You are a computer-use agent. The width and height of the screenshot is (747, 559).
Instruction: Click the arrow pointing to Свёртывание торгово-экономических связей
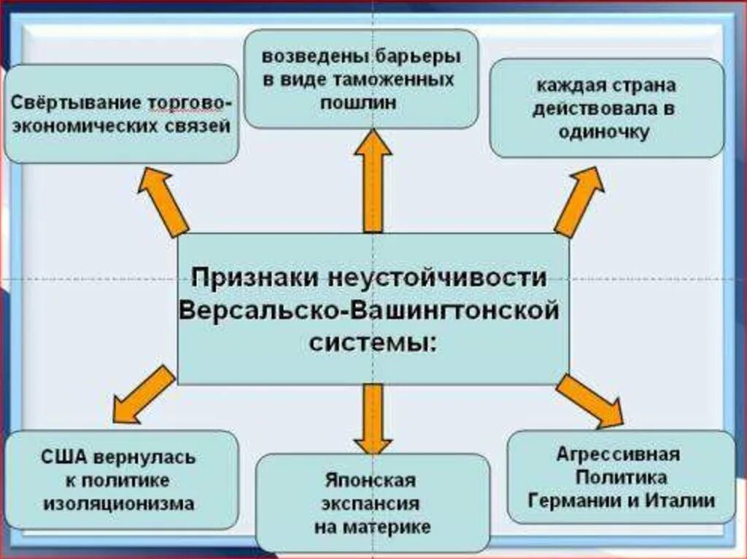[x=165, y=200]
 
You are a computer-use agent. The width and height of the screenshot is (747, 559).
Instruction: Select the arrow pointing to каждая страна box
[x=579, y=200]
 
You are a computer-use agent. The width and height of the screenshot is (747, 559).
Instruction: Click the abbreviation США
[x=64, y=458]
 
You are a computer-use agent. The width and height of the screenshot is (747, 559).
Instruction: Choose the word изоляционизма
[x=119, y=503]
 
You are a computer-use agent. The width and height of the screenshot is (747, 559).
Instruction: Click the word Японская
[x=371, y=480]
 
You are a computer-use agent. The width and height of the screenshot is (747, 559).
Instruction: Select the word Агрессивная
[x=618, y=455]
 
